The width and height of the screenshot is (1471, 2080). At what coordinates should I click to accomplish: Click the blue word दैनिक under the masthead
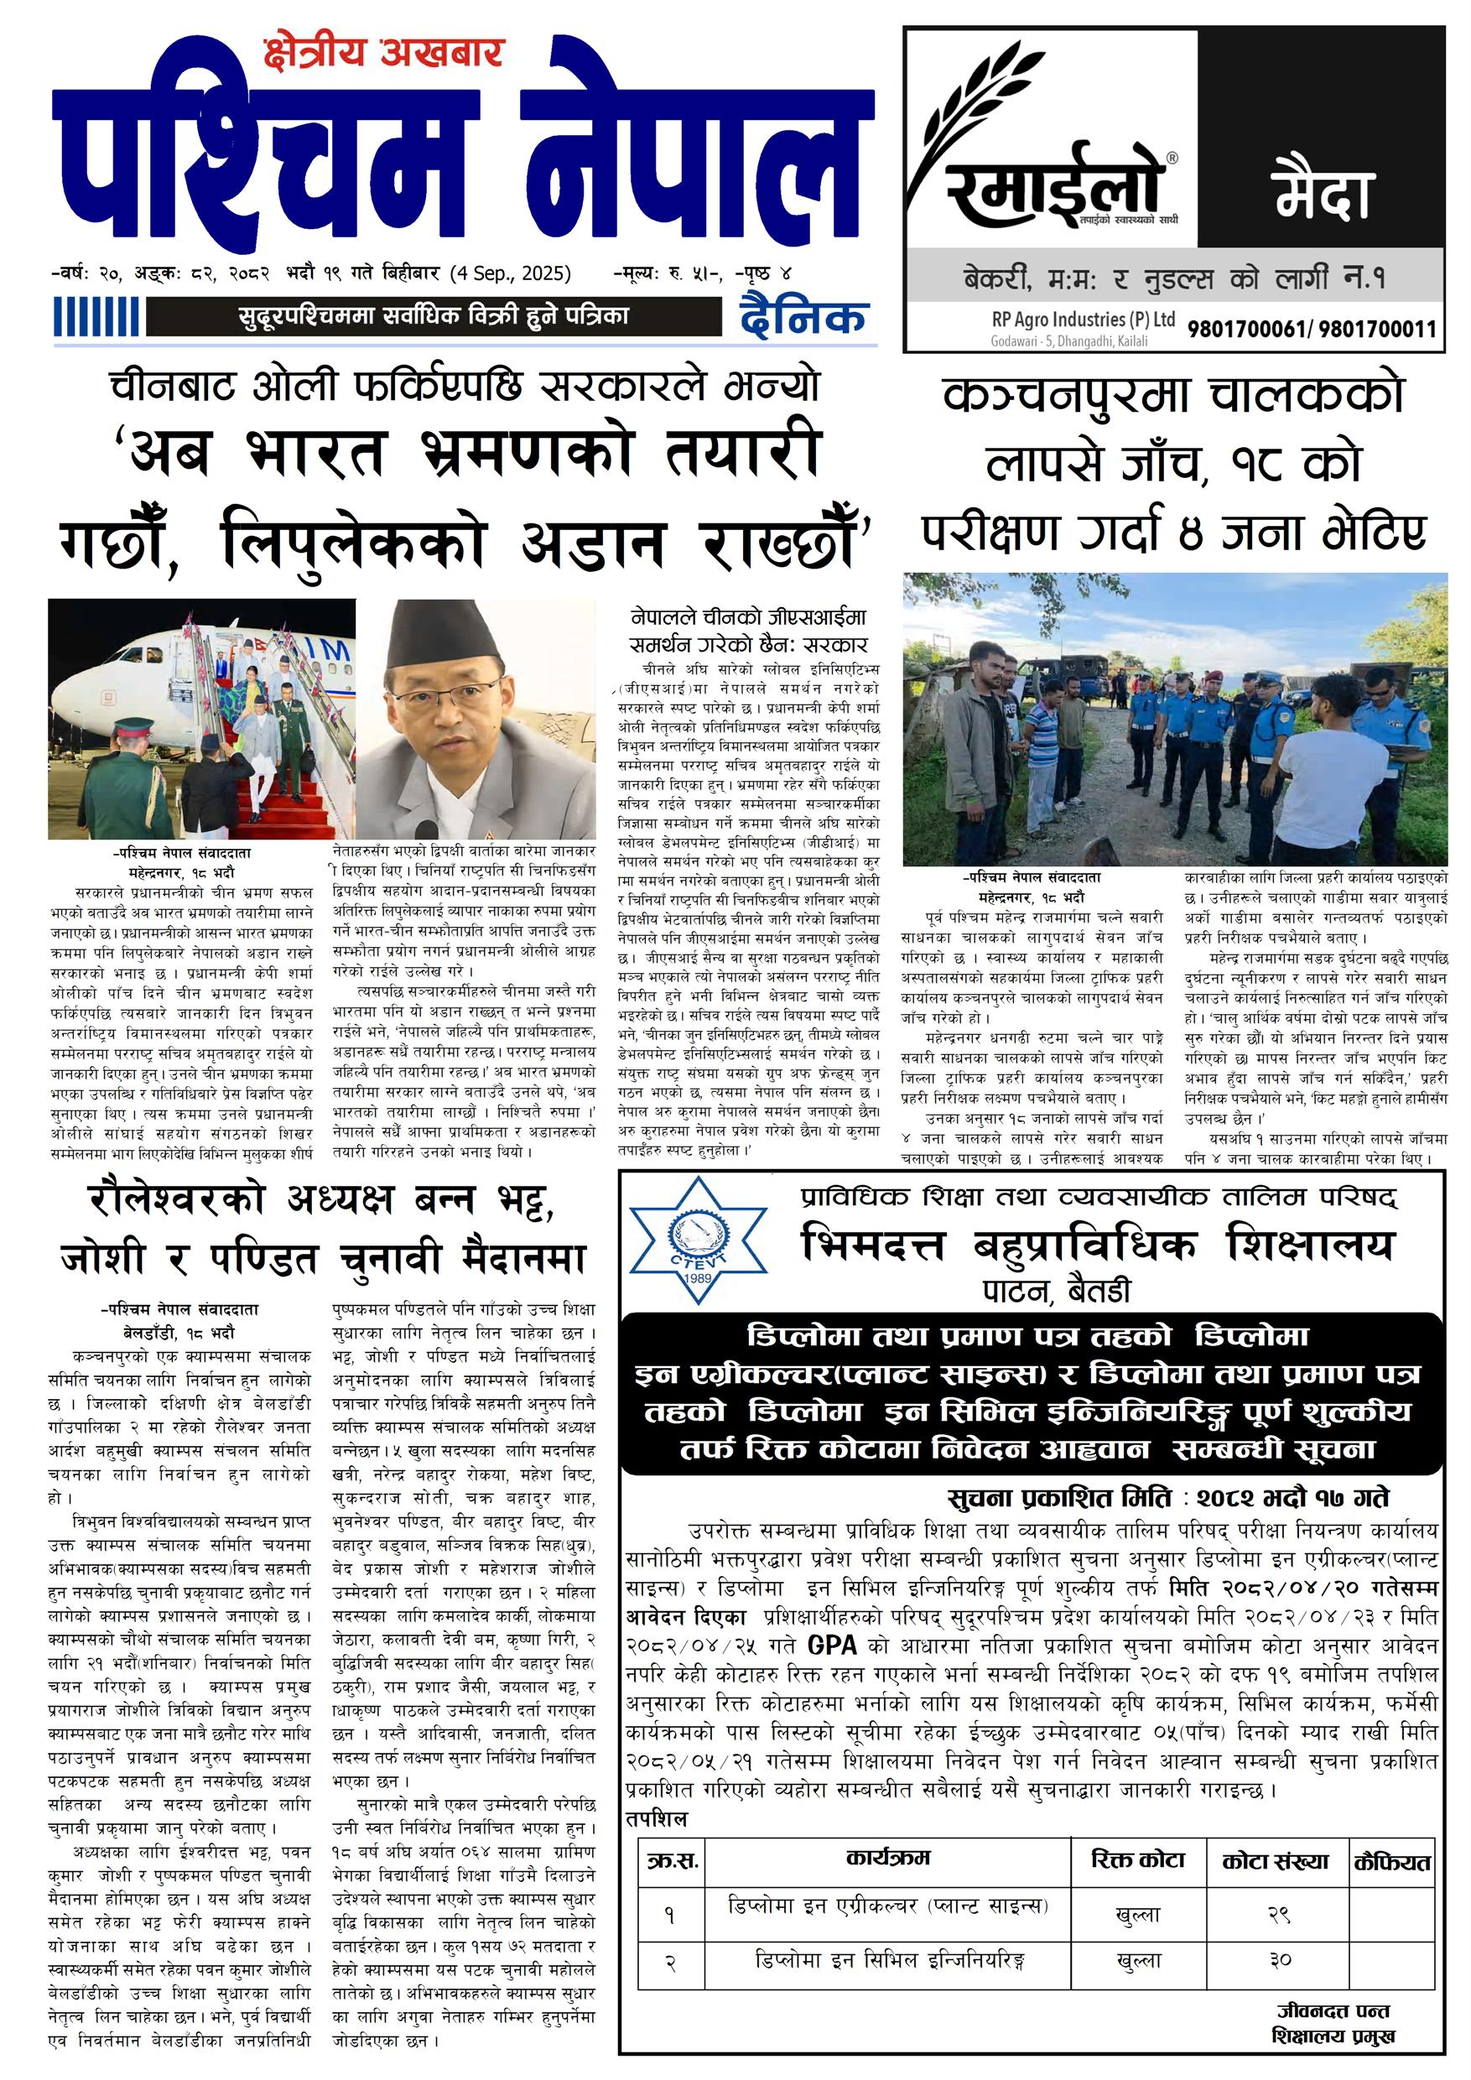click(x=803, y=316)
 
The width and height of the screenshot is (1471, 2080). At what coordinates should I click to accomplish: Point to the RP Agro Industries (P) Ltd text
click(x=1083, y=319)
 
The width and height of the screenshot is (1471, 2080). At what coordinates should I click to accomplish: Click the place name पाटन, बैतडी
click(x=1056, y=1290)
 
